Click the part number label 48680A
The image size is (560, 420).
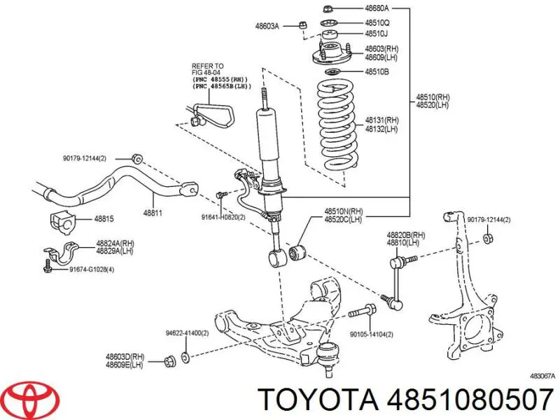tap(377, 8)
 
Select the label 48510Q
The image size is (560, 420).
tap(377, 22)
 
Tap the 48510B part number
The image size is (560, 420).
tap(377, 71)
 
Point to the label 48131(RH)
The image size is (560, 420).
tap(381, 120)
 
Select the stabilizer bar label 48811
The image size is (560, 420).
tap(154, 212)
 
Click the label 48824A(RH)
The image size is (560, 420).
tap(115, 243)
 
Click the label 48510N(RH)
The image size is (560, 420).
tap(343, 211)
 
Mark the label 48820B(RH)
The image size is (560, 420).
tap(406, 235)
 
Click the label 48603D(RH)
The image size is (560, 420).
tap(125, 356)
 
